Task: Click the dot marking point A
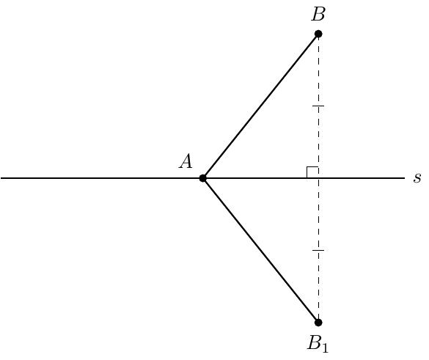(202, 178)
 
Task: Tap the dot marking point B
(318, 34)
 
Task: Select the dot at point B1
(318, 323)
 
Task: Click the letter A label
(186, 161)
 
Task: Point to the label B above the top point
(318, 14)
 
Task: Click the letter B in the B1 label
(314, 342)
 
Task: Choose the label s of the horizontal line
(417, 178)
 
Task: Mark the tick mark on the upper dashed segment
(318, 106)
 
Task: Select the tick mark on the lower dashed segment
(318, 250)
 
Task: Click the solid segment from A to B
(260, 106)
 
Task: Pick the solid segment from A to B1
(260, 250)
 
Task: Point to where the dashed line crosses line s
(318, 178)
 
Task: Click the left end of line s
(1, 178)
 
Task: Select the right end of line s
(405, 178)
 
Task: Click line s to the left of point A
(101, 178)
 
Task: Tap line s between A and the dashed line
(260, 178)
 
